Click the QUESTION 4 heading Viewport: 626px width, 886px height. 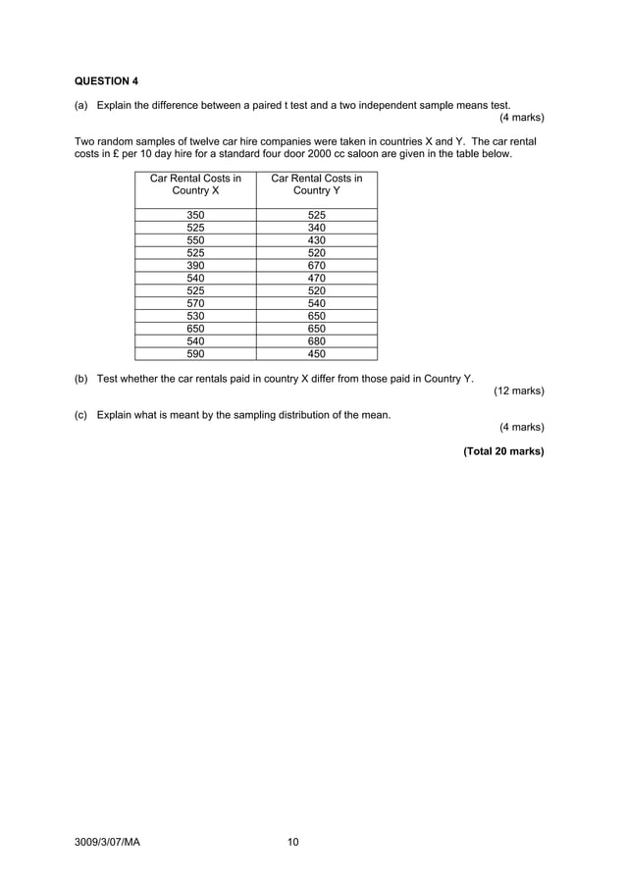pyautogui.click(x=107, y=80)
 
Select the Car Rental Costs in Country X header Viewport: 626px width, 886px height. pyautogui.click(x=195, y=184)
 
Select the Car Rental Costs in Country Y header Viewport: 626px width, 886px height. pyautogui.click(x=316, y=184)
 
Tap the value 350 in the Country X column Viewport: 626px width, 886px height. pyautogui.click(x=195, y=215)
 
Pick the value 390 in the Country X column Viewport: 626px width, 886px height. pyautogui.click(x=195, y=266)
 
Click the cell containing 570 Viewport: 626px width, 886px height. pyautogui.click(x=195, y=304)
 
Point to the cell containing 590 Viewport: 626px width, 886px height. pyautogui.click(x=195, y=354)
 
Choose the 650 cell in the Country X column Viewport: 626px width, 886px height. pyautogui.click(x=195, y=329)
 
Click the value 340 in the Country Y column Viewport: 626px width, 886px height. pyautogui.click(x=316, y=228)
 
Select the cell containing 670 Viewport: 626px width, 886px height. pyautogui.click(x=316, y=266)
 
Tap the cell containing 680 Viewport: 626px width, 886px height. pyautogui.click(x=316, y=341)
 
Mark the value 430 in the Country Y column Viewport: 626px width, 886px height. pyautogui.click(x=316, y=240)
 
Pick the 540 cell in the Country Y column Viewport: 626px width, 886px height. pyautogui.click(x=316, y=304)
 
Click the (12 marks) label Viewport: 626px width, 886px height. pyautogui.click(x=518, y=391)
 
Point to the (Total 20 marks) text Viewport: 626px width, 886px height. pyautogui.click(x=503, y=452)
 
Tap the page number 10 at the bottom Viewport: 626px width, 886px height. pyautogui.click(x=292, y=842)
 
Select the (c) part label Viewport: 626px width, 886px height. pyautogui.click(x=81, y=415)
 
